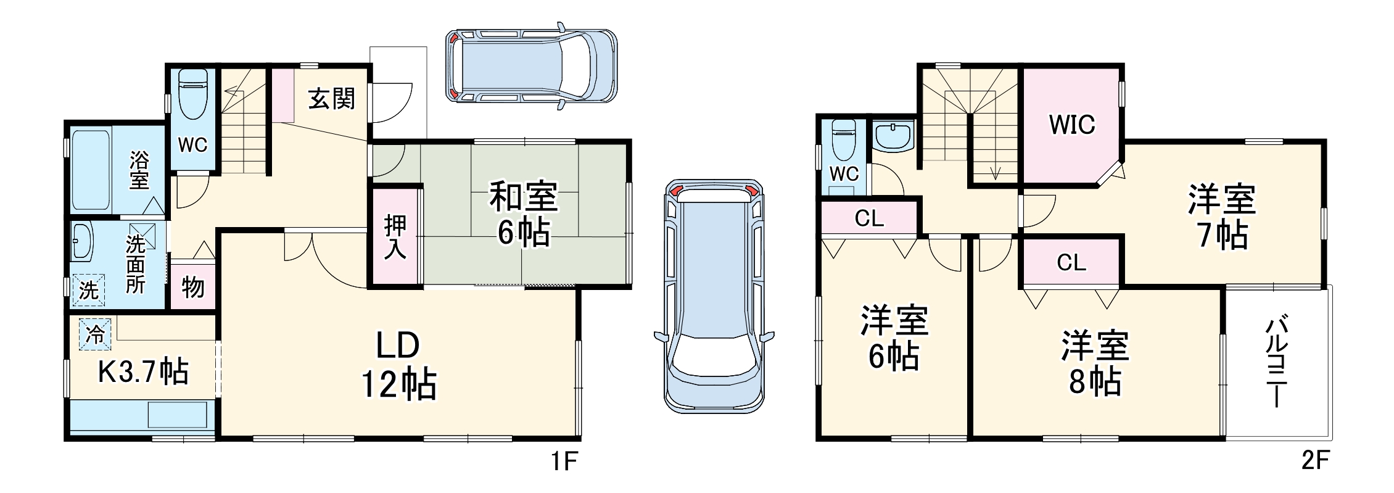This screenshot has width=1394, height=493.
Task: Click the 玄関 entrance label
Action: pyautogui.click(x=332, y=99)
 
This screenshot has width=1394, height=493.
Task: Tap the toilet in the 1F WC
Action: pyautogui.click(x=192, y=96)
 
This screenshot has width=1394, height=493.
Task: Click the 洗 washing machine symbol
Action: pyautogui.click(x=88, y=289)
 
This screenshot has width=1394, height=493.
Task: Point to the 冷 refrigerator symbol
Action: pyautogui.click(x=95, y=334)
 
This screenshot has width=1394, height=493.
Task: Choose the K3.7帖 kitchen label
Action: pyautogui.click(x=144, y=372)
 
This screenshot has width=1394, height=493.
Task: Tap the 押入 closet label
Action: pyautogui.click(x=395, y=236)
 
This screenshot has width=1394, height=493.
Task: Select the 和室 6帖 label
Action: pyautogui.click(x=524, y=213)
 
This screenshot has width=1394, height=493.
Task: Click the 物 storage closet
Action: pyautogui.click(x=193, y=287)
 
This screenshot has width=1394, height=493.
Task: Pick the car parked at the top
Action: pyautogui.click(x=531, y=65)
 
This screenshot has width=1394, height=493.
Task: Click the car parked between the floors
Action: pyautogui.click(x=714, y=296)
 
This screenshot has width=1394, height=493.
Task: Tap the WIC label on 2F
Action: pyautogui.click(x=1072, y=125)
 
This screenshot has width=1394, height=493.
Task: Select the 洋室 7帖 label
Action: pyautogui.click(x=1222, y=217)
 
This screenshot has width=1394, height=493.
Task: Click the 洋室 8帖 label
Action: pyautogui.click(x=1095, y=363)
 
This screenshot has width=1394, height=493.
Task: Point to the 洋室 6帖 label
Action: pyautogui.click(x=894, y=338)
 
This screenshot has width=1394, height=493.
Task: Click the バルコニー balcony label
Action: pyautogui.click(x=1276, y=362)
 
